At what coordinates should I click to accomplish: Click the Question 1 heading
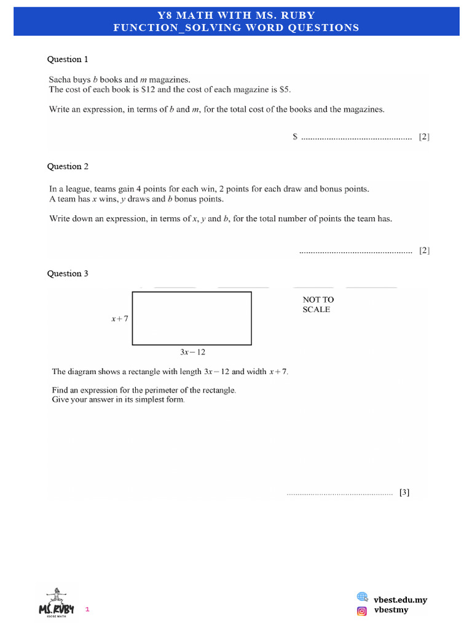click(68, 60)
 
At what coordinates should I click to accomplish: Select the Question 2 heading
click(68, 167)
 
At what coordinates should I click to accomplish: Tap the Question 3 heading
click(68, 274)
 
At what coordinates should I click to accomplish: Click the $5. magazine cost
click(285, 89)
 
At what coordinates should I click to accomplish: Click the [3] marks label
click(404, 492)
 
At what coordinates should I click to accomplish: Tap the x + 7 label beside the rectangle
click(119, 319)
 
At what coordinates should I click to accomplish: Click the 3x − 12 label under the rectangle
click(192, 353)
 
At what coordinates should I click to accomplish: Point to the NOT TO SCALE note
click(318, 305)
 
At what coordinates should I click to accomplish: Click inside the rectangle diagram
click(192, 318)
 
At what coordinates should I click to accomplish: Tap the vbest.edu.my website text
click(400, 600)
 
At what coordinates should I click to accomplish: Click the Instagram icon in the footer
click(362, 610)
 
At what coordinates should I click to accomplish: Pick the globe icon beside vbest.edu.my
click(362, 597)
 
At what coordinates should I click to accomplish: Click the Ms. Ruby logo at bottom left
click(57, 603)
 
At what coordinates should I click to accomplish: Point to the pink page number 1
click(87, 610)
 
